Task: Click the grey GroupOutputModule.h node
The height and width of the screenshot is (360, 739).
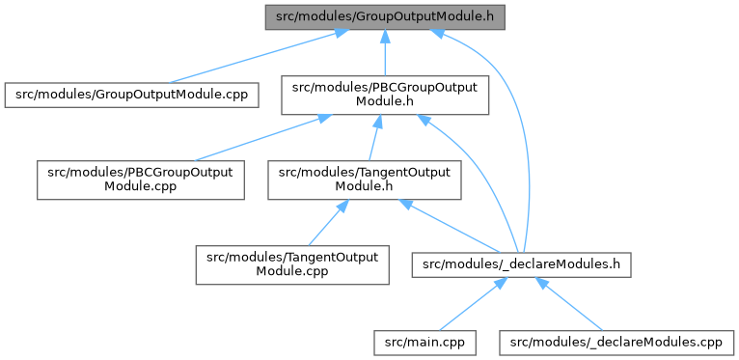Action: click(x=385, y=17)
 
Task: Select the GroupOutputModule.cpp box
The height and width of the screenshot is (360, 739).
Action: click(x=131, y=96)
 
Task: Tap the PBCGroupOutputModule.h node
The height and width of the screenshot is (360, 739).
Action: click(x=385, y=96)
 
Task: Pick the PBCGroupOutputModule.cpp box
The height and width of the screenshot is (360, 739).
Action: click(x=141, y=180)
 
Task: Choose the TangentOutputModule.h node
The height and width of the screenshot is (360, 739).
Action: click(x=365, y=180)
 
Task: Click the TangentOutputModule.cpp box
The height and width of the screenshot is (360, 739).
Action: click(x=292, y=264)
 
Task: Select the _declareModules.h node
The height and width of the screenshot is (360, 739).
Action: click(x=521, y=264)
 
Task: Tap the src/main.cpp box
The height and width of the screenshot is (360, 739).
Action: click(x=425, y=343)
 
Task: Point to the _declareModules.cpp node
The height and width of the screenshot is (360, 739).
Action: click(x=616, y=343)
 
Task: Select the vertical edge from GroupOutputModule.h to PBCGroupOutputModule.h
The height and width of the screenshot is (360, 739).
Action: click(x=385, y=53)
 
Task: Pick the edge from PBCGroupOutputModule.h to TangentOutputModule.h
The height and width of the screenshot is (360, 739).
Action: click(x=372, y=138)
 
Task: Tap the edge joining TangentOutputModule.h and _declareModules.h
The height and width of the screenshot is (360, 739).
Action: click(x=450, y=226)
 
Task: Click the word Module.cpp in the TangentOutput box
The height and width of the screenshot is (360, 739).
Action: click(x=292, y=272)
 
